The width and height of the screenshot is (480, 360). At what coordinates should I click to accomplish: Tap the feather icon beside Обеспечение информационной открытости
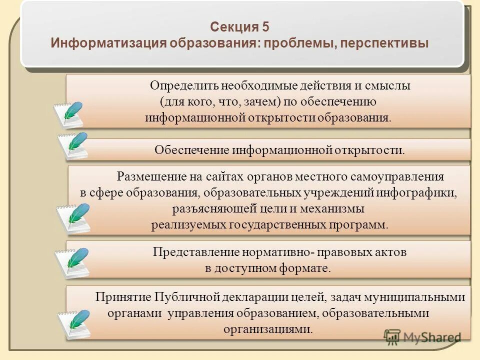click(x=73, y=145)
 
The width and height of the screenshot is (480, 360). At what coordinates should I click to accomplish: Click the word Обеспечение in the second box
click(x=191, y=150)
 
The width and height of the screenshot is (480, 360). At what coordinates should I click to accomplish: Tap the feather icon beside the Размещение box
click(x=73, y=218)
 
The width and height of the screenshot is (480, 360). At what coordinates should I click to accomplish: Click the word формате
click(x=308, y=268)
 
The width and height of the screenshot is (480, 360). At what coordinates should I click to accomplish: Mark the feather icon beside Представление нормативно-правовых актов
click(x=72, y=261)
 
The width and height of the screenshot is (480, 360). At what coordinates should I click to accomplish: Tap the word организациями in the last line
click(x=268, y=329)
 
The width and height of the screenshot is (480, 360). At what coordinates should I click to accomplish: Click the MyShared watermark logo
click(x=422, y=336)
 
